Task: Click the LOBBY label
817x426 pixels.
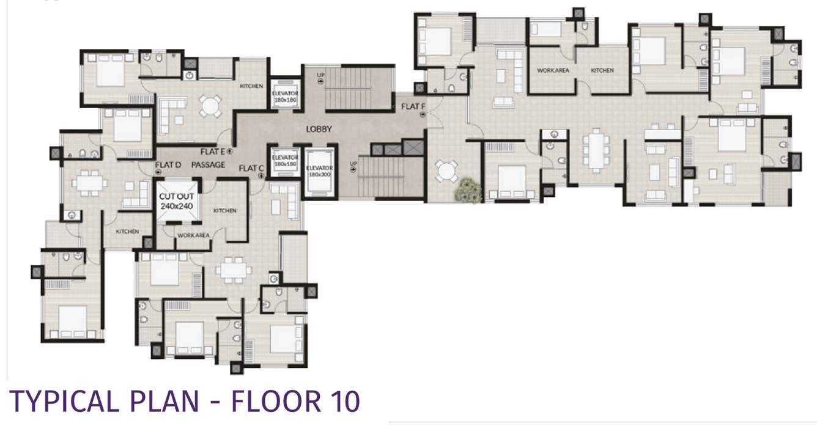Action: click(x=319, y=129)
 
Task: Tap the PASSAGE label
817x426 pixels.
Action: click(x=208, y=165)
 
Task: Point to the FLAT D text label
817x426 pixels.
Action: click(x=168, y=165)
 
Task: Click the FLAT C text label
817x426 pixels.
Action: click(x=251, y=169)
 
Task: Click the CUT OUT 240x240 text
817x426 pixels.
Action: click(x=177, y=202)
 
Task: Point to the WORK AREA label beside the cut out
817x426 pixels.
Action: click(x=193, y=235)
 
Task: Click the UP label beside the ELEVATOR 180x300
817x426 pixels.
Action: click(x=353, y=164)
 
